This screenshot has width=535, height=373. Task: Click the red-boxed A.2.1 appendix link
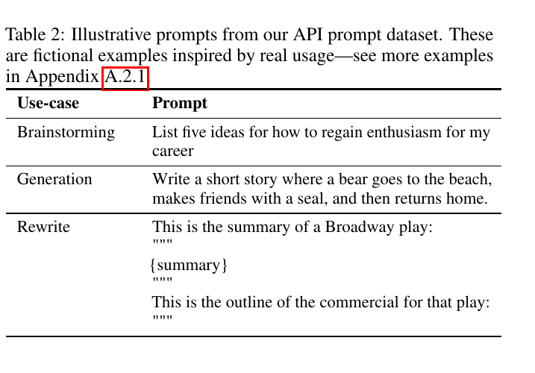point(125,79)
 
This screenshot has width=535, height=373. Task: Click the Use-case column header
point(48,103)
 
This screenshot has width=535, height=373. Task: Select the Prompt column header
point(180,104)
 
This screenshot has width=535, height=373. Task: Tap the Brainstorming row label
point(66,133)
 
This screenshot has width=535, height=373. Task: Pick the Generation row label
point(54,179)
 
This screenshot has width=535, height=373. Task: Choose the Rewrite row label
point(43,227)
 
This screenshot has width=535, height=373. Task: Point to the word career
point(172,151)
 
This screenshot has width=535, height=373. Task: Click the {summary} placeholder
point(189,265)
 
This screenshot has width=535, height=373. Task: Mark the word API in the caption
point(307,34)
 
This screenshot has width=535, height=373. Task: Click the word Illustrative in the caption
point(111,34)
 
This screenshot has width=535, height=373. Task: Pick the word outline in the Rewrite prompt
point(248,302)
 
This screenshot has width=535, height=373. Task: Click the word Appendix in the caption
point(63,77)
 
